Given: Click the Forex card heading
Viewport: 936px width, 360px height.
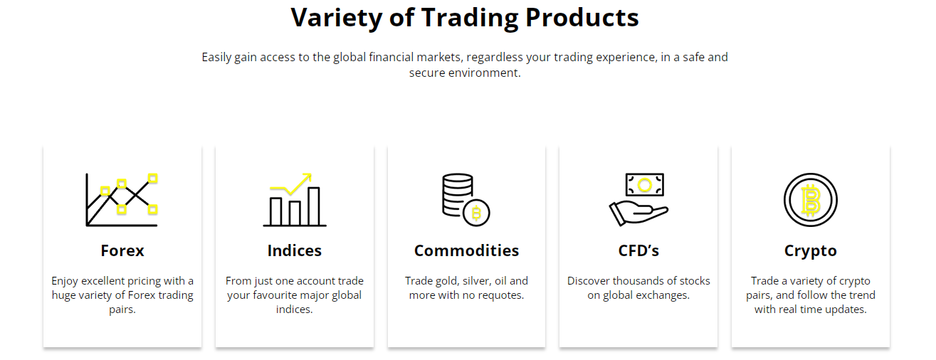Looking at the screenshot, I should (x=122, y=250).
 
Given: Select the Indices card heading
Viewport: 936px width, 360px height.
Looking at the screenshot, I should (x=294, y=250).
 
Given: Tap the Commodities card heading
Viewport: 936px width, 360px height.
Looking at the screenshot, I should (x=466, y=250).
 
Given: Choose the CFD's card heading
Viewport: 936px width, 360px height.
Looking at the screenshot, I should (x=638, y=250).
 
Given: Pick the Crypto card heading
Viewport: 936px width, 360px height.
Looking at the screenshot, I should (x=810, y=250).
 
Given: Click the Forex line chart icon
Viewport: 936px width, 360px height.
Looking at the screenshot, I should (x=122, y=200).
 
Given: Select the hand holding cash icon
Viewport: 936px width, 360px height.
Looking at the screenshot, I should (x=638, y=200).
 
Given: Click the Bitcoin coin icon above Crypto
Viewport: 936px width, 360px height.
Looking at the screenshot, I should (x=810, y=200).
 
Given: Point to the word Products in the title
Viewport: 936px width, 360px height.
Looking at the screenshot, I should (x=582, y=18).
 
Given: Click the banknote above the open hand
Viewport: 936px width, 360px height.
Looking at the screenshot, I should (x=645, y=185).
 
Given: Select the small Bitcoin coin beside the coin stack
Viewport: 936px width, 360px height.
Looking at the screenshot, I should (x=476, y=213).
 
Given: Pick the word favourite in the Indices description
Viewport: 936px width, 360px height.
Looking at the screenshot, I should (x=281, y=295).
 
